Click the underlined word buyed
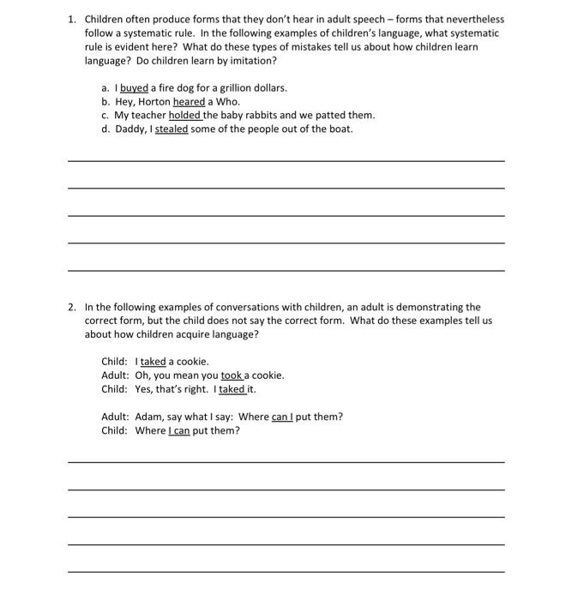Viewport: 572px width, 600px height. pos(134,87)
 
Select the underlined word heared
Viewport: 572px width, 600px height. pos(190,101)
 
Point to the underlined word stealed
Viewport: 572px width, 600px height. pos(172,129)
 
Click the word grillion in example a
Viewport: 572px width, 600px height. pos(226,87)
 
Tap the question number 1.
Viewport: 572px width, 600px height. pos(72,19)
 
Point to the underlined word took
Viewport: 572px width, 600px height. pos(232,375)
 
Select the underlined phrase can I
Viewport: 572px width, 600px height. pos(282,417)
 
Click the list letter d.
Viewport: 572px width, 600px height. pos(105,129)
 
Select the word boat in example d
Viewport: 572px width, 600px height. pos(340,129)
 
